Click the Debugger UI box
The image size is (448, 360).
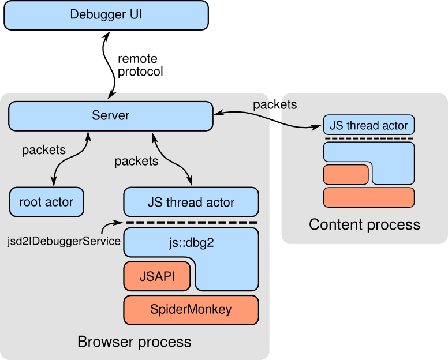tap(106, 15)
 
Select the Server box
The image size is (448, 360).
tap(111, 116)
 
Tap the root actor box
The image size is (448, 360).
tap(47, 202)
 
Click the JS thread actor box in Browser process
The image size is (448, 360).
tap(191, 202)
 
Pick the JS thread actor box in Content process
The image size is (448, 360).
tap(368, 125)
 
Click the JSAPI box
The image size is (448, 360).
tap(157, 276)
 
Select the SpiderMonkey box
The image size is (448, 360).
tap(191, 310)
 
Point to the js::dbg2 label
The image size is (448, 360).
tap(191, 243)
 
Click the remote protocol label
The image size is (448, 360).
tap(140, 65)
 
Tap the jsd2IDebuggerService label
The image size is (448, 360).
tap(64, 242)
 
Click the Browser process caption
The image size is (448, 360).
tap(135, 342)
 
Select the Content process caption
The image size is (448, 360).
tap(364, 224)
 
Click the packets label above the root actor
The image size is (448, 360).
tap(44, 150)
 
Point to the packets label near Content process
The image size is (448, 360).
tap(275, 105)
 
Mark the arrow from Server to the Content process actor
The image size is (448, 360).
tap(268, 118)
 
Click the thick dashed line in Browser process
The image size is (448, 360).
tap(192, 222)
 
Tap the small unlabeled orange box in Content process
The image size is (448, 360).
tap(346, 174)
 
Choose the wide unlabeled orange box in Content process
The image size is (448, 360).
tap(368, 197)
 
